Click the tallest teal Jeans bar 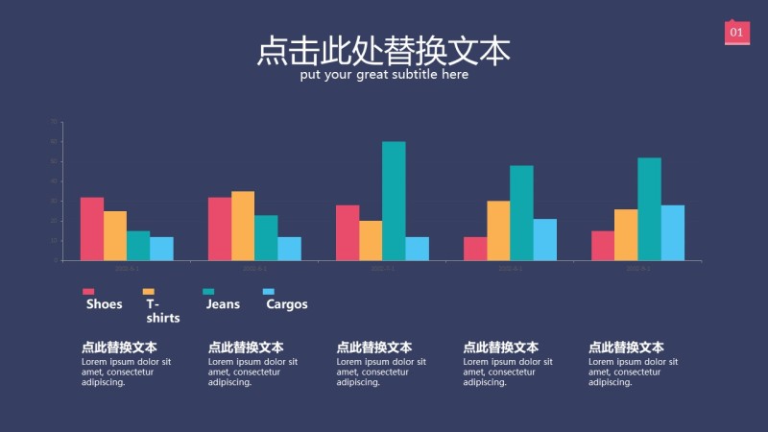click(394, 201)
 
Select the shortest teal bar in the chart click(138, 246)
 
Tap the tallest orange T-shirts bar click(243, 226)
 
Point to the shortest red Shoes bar click(475, 249)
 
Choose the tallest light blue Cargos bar click(673, 232)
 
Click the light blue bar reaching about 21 click(545, 239)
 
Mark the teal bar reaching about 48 click(521, 212)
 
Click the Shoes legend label click(105, 304)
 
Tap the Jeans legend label click(223, 304)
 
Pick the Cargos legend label click(287, 304)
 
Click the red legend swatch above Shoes click(88, 291)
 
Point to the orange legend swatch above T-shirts click(149, 291)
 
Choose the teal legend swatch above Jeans click(208, 291)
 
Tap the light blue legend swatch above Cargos click(269, 291)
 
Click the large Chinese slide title click(384, 51)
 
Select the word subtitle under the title click(418, 75)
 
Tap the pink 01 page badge click(736, 33)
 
